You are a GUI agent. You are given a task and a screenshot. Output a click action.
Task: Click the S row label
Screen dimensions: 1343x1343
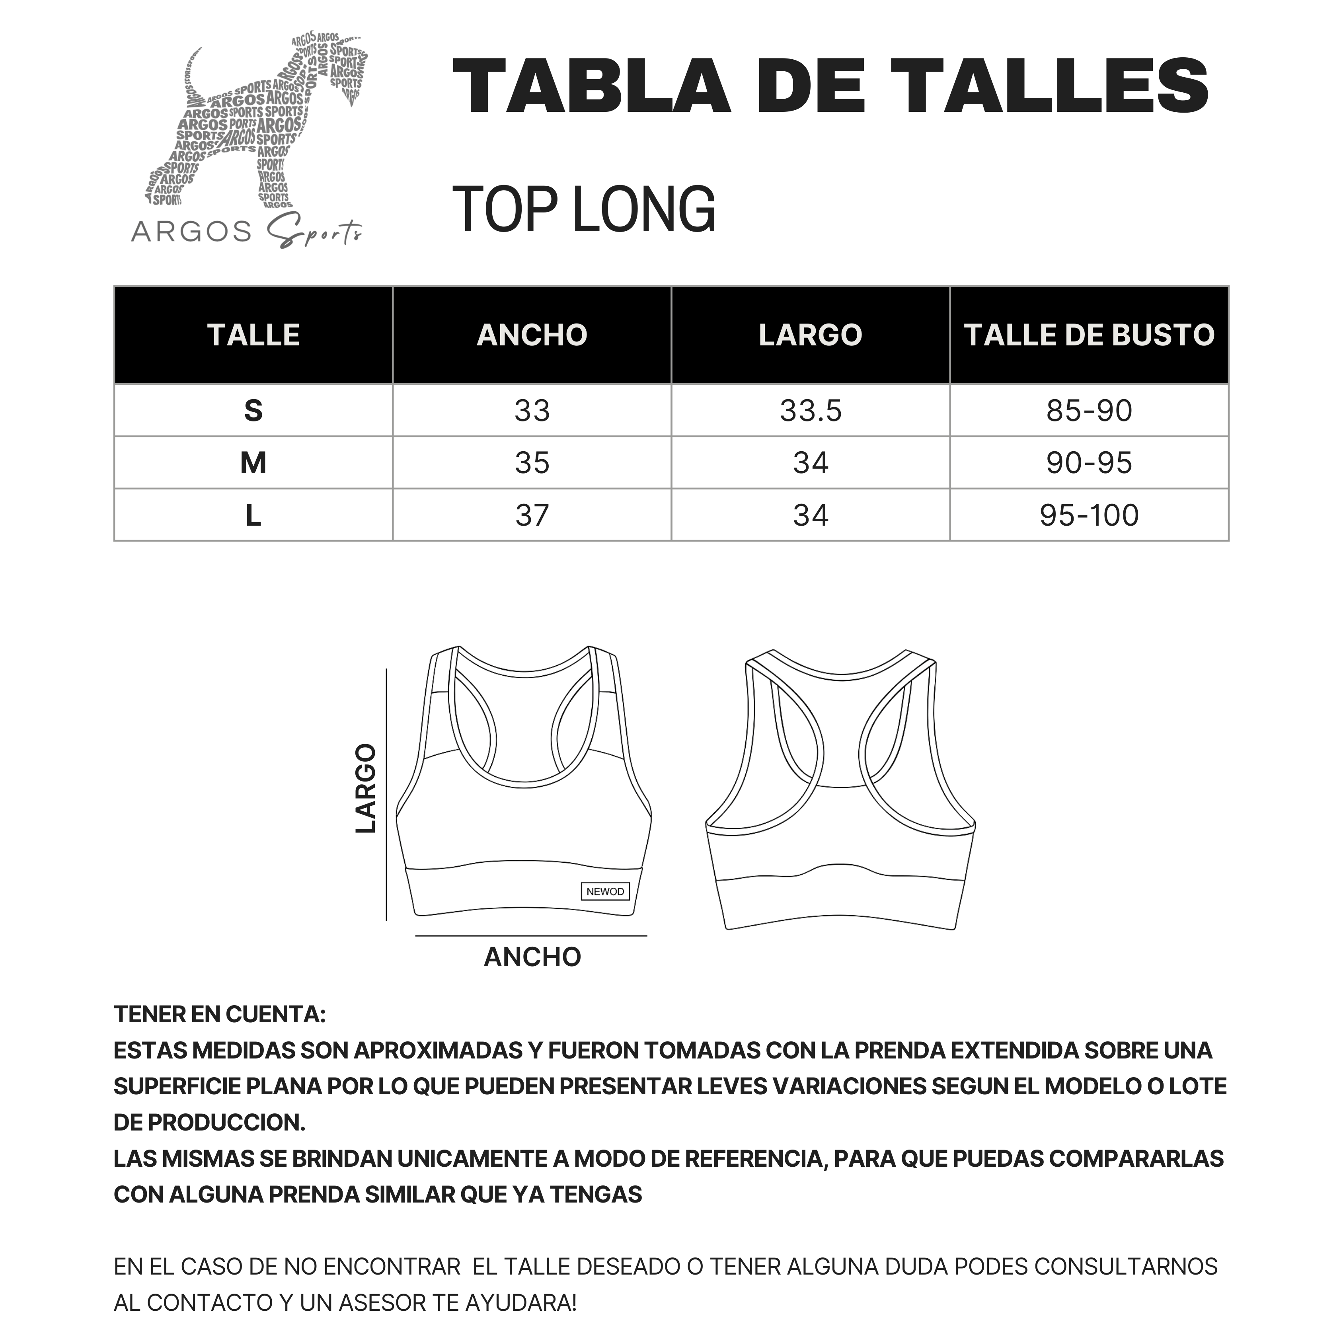click(x=253, y=411)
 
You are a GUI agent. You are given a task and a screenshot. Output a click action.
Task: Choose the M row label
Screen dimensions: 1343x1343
click(x=253, y=463)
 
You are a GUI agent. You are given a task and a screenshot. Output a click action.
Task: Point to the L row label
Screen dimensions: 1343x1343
click(x=253, y=515)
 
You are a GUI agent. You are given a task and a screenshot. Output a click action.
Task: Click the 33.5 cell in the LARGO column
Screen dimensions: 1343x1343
click(x=811, y=411)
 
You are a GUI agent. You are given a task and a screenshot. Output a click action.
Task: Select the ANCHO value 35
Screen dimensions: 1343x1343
click(x=532, y=463)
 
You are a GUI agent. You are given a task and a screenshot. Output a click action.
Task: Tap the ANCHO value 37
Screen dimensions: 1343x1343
click(x=532, y=515)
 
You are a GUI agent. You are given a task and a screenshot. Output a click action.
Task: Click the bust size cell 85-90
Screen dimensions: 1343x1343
click(x=1089, y=411)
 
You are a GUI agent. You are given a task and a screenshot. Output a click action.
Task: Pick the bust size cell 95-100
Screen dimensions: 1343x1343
click(x=1089, y=515)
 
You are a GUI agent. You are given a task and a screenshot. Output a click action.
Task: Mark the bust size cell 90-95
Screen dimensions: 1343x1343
click(x=1089, y=463)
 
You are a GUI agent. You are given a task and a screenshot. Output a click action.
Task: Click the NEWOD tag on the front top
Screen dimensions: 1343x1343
click(x=605, y=891)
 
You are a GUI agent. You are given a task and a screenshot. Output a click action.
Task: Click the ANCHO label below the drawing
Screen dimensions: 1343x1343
click(x=532, y=957)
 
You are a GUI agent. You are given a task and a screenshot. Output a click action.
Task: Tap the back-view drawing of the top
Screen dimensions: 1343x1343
click(x=840, y=792)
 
